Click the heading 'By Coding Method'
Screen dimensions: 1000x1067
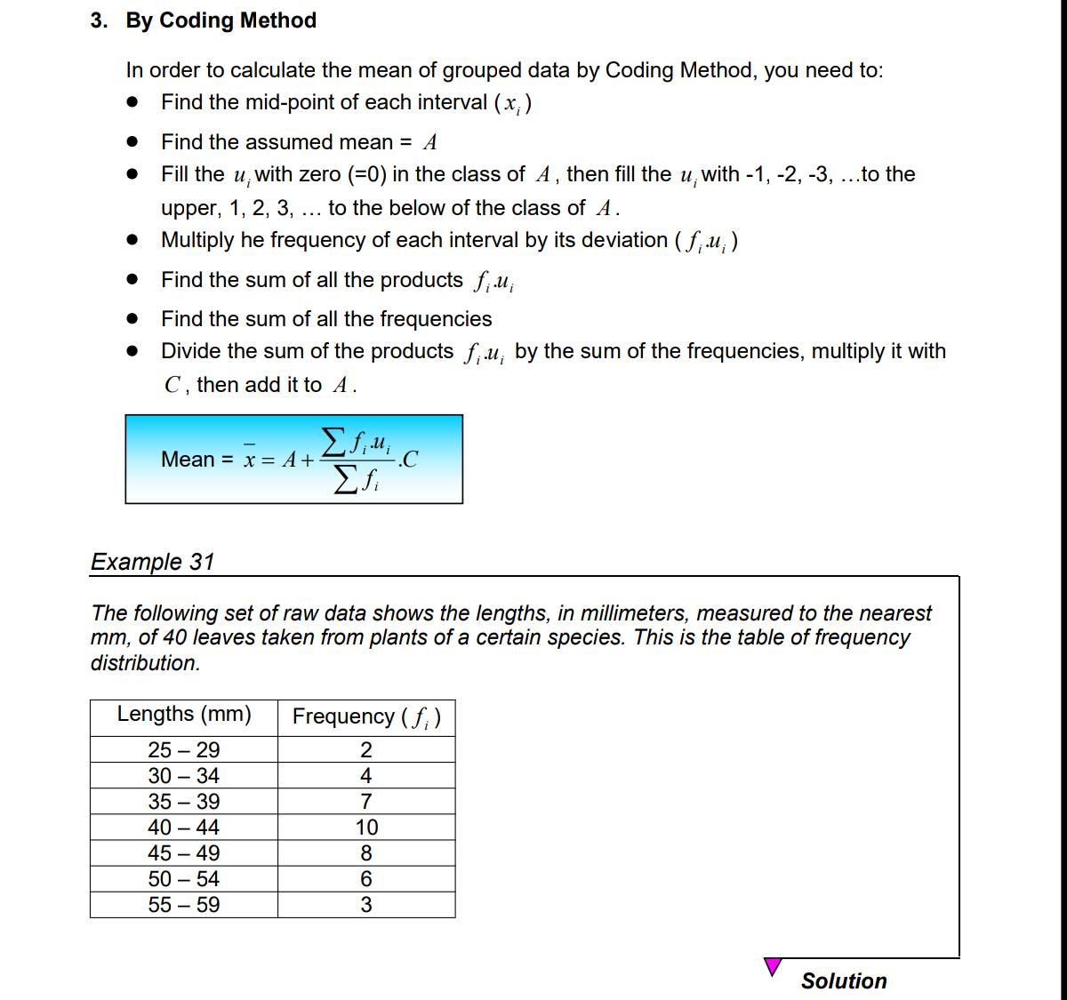tap(221, 20)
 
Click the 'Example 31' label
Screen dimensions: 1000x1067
tap(152, 562)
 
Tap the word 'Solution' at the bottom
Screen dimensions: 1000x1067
tap(844, 980)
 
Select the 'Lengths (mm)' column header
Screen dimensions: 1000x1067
tap(184, 715)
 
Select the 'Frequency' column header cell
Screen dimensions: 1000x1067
tap(366, 716)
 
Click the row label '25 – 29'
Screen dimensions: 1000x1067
tap(184, 749)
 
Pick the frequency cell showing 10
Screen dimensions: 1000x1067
tap(366, 828)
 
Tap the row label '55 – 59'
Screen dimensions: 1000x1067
tap(184, 905)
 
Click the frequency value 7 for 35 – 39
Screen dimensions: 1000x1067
tap(366, 802)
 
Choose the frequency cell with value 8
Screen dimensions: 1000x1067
tap(366, 853)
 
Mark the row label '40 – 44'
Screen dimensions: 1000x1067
tap(184, 828)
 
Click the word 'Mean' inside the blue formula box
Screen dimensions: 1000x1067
tap(188, 460)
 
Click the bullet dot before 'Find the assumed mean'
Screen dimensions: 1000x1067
tap(132, 142)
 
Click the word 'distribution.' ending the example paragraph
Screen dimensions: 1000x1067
tap(145, 663)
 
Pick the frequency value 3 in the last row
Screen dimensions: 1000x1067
tap(366, 905)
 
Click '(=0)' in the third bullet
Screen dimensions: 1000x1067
tap(365, 174)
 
